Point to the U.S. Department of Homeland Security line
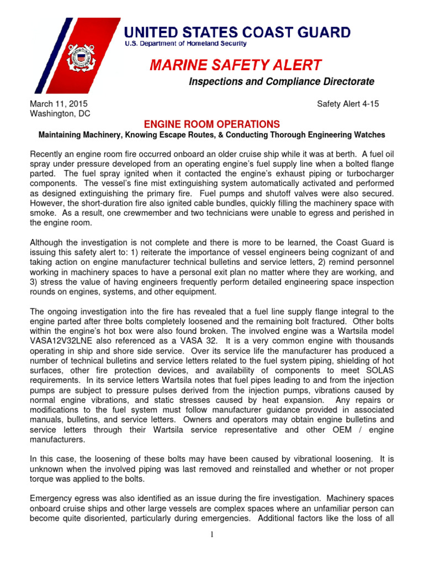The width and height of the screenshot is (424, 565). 184,44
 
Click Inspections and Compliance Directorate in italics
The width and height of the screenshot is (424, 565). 282,82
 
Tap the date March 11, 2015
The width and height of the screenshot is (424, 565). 58,104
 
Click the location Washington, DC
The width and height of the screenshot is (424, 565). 60,114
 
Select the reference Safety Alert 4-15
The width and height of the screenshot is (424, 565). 348,104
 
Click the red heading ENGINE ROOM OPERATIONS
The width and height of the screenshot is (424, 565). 212,124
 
